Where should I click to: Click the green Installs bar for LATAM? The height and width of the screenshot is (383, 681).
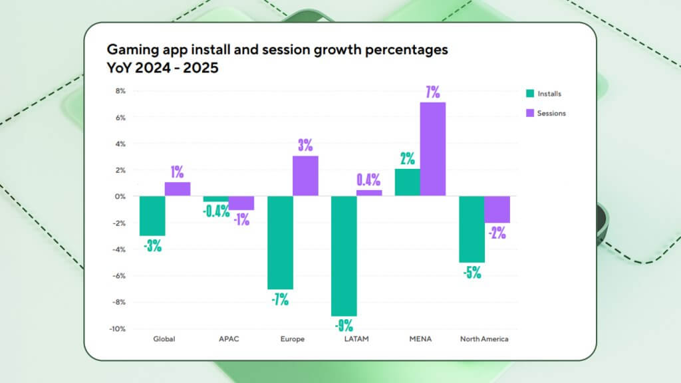(344, 256)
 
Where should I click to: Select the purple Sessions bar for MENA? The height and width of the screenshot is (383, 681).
(433, 149)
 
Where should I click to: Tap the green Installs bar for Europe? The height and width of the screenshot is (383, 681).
(280, 243)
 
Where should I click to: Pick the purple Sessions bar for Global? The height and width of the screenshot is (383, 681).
(178, 189)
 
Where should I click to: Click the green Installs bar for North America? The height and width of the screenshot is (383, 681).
(472, 229)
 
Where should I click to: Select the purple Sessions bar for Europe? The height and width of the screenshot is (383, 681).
(306, 176)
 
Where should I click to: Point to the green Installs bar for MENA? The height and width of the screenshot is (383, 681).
(408, 182)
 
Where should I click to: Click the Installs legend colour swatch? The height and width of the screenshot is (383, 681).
(529, 94)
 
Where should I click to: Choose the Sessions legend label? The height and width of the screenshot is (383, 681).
(552, 113)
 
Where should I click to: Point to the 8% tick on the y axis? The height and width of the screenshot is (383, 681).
(120, 91)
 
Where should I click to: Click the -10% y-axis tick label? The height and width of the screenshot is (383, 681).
(117, 328)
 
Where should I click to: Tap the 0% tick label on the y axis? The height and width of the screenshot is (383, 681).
(120, 197)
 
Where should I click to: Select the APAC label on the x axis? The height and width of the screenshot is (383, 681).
(228, 339)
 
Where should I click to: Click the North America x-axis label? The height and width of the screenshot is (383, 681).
(484, 339)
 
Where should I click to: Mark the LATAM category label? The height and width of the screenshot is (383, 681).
(356, 339)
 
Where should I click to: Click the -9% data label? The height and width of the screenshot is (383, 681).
(344, 326)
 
